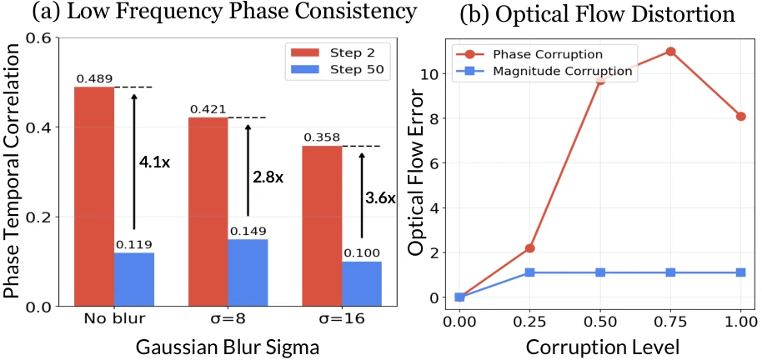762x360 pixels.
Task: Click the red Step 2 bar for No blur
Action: (94, 196)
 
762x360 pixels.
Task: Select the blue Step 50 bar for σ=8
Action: (248, 272)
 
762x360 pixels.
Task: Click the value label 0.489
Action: (93, 79)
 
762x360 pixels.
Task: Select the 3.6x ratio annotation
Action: (380, 199)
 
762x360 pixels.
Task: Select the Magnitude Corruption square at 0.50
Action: (599, 272)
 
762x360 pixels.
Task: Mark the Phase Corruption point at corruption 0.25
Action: (529, 248)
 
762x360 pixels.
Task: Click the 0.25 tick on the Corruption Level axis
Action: (529, 321)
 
